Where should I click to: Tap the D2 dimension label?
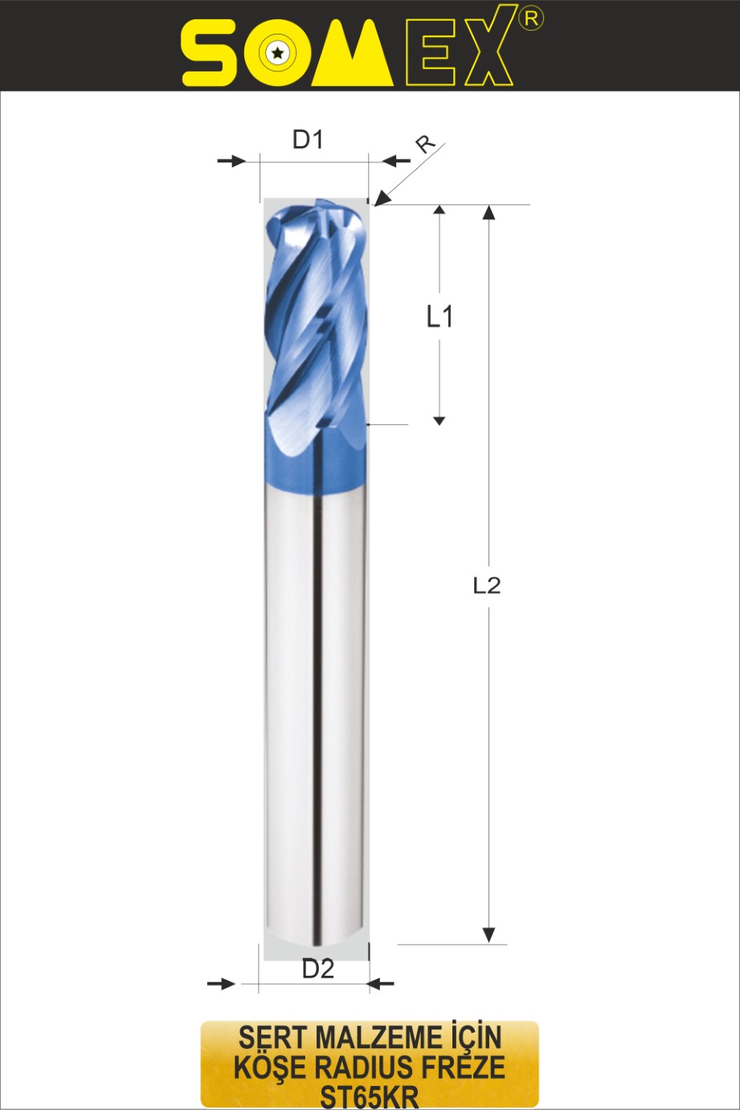point(318,969)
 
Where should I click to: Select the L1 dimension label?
point(440,316)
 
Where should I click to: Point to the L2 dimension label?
point(487,586)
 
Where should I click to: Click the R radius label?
point(425,145)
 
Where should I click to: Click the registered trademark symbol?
point(531,18)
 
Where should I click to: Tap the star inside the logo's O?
point(278,52)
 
